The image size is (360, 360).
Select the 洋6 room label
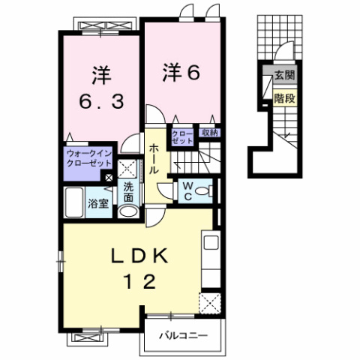pyautogui.click(x=180, y=73)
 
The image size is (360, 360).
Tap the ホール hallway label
pyautogui.click(x=152, y=160)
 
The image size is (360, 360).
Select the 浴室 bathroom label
pyautogui.click(x=97, y=202)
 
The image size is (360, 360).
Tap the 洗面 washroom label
pyautogui.click(x=128, y=190)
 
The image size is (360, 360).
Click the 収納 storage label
pyautogui.click(x=209, y=133)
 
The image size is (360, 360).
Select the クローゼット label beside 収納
pyautogui.click(x=182, y=136)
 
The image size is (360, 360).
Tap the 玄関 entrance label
pyautogui.click(x=284, y=74)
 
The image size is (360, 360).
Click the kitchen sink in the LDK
pyautogui.click(x=210, y=244)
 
